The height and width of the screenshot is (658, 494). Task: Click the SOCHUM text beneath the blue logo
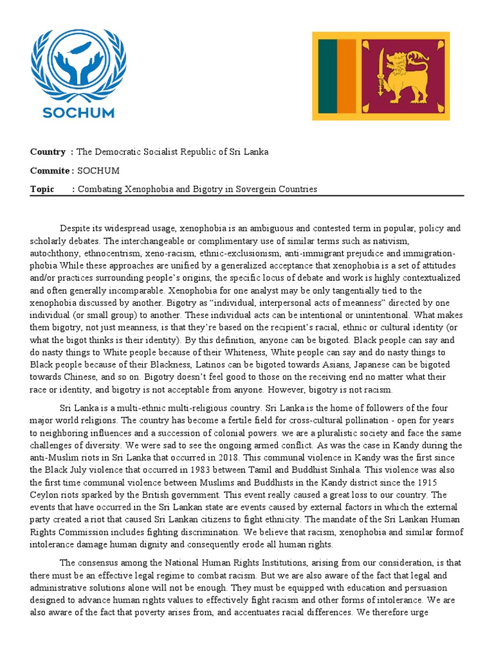tap(78, 113)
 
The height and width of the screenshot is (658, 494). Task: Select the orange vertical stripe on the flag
tap(347, 76)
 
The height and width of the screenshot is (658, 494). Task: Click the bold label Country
tap(48, 152)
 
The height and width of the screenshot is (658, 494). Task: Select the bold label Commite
tap(50, 170)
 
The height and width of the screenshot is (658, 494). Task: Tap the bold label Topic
tap(42, 189)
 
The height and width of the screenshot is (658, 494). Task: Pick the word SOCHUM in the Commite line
tap(98, 170)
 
